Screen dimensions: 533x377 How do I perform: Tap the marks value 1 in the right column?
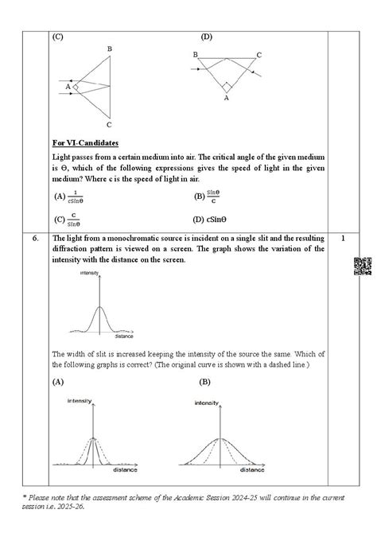click(341, 238)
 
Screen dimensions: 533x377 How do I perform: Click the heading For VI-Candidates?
click(85, 143)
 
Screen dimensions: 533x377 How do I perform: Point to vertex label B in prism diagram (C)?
click(109, 49)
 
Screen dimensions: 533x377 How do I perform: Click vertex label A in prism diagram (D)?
click(226, 99)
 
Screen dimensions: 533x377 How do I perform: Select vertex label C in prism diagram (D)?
click(258, 55)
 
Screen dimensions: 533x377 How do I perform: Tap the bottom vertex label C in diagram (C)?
click(109, 125)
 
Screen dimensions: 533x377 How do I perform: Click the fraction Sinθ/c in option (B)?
click(213, 196)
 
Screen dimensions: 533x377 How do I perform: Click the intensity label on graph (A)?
click(82, 400)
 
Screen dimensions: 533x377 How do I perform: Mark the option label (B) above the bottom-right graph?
click(205, 382)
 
